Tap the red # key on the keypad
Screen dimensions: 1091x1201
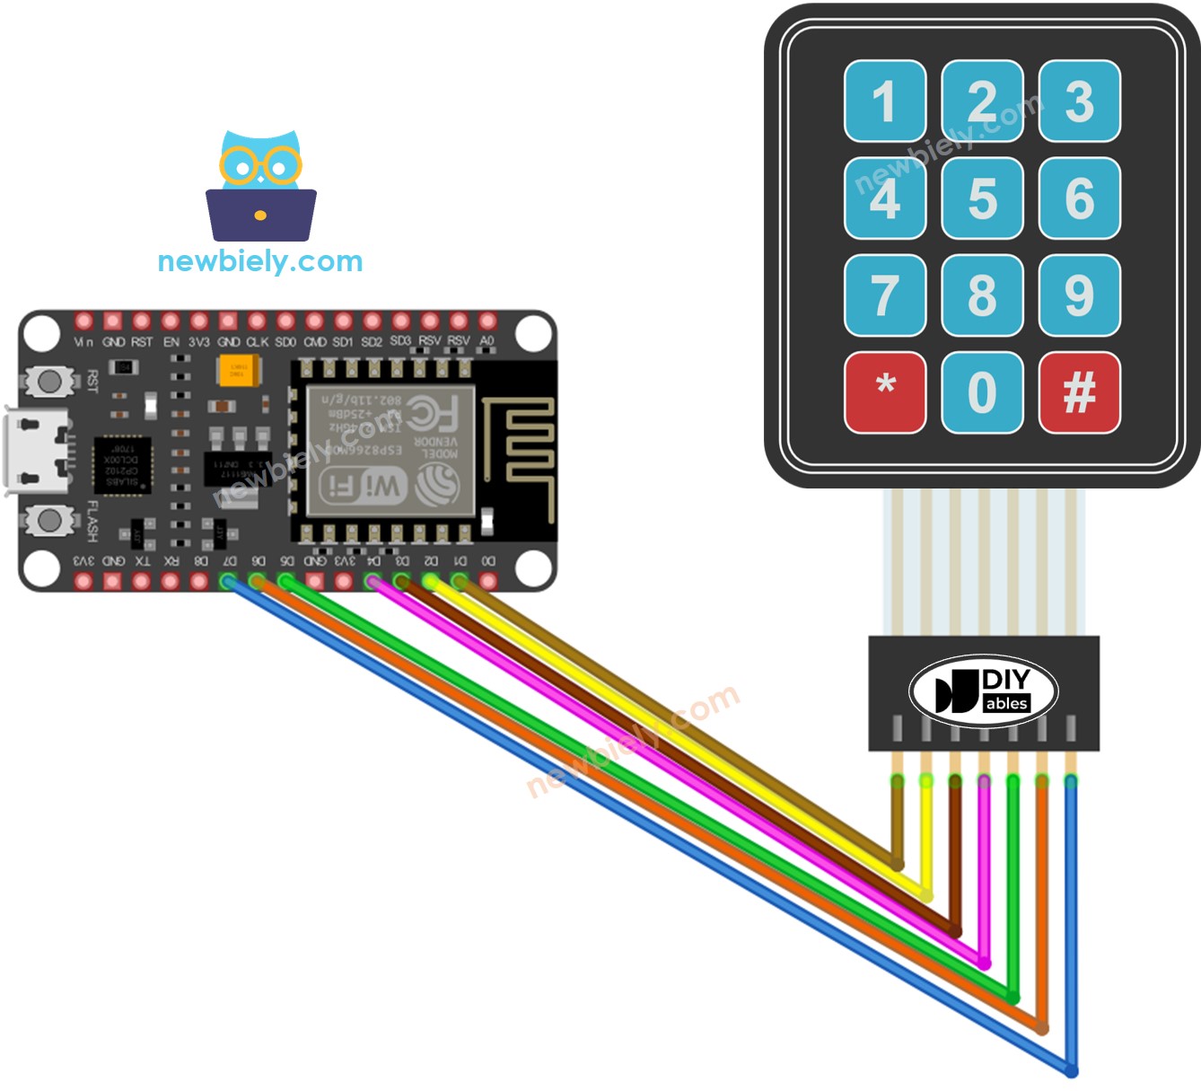[1079, 392]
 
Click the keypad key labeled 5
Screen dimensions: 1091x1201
[982, 198]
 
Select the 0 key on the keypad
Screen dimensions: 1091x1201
[982, 392]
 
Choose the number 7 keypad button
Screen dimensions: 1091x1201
[885, 295]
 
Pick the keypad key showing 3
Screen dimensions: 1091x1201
[1079, 101]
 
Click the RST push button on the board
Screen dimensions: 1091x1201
[50, 381]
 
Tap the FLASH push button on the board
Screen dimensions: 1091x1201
[50, 519]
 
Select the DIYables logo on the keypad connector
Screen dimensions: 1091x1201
[983, 691]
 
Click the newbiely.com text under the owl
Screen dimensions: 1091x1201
[260, 261]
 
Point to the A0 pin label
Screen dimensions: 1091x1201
[487, 341]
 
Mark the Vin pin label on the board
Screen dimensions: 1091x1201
[83, 342]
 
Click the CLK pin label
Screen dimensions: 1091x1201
[258, 342]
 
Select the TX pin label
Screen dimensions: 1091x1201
[142, 560]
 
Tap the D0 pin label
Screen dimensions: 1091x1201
[487, 560]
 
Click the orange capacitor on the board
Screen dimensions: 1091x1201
[238, 370]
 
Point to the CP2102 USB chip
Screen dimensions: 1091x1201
[122, 464]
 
